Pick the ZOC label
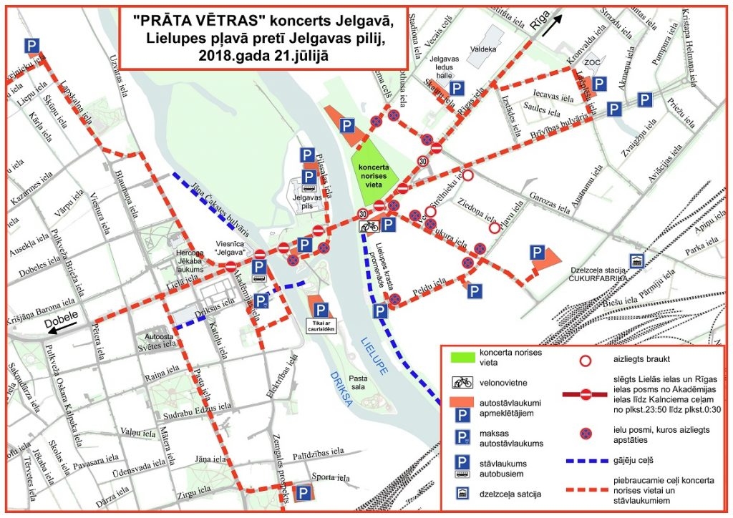tap(592, 62)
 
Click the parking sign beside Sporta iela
tap(304, 493)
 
